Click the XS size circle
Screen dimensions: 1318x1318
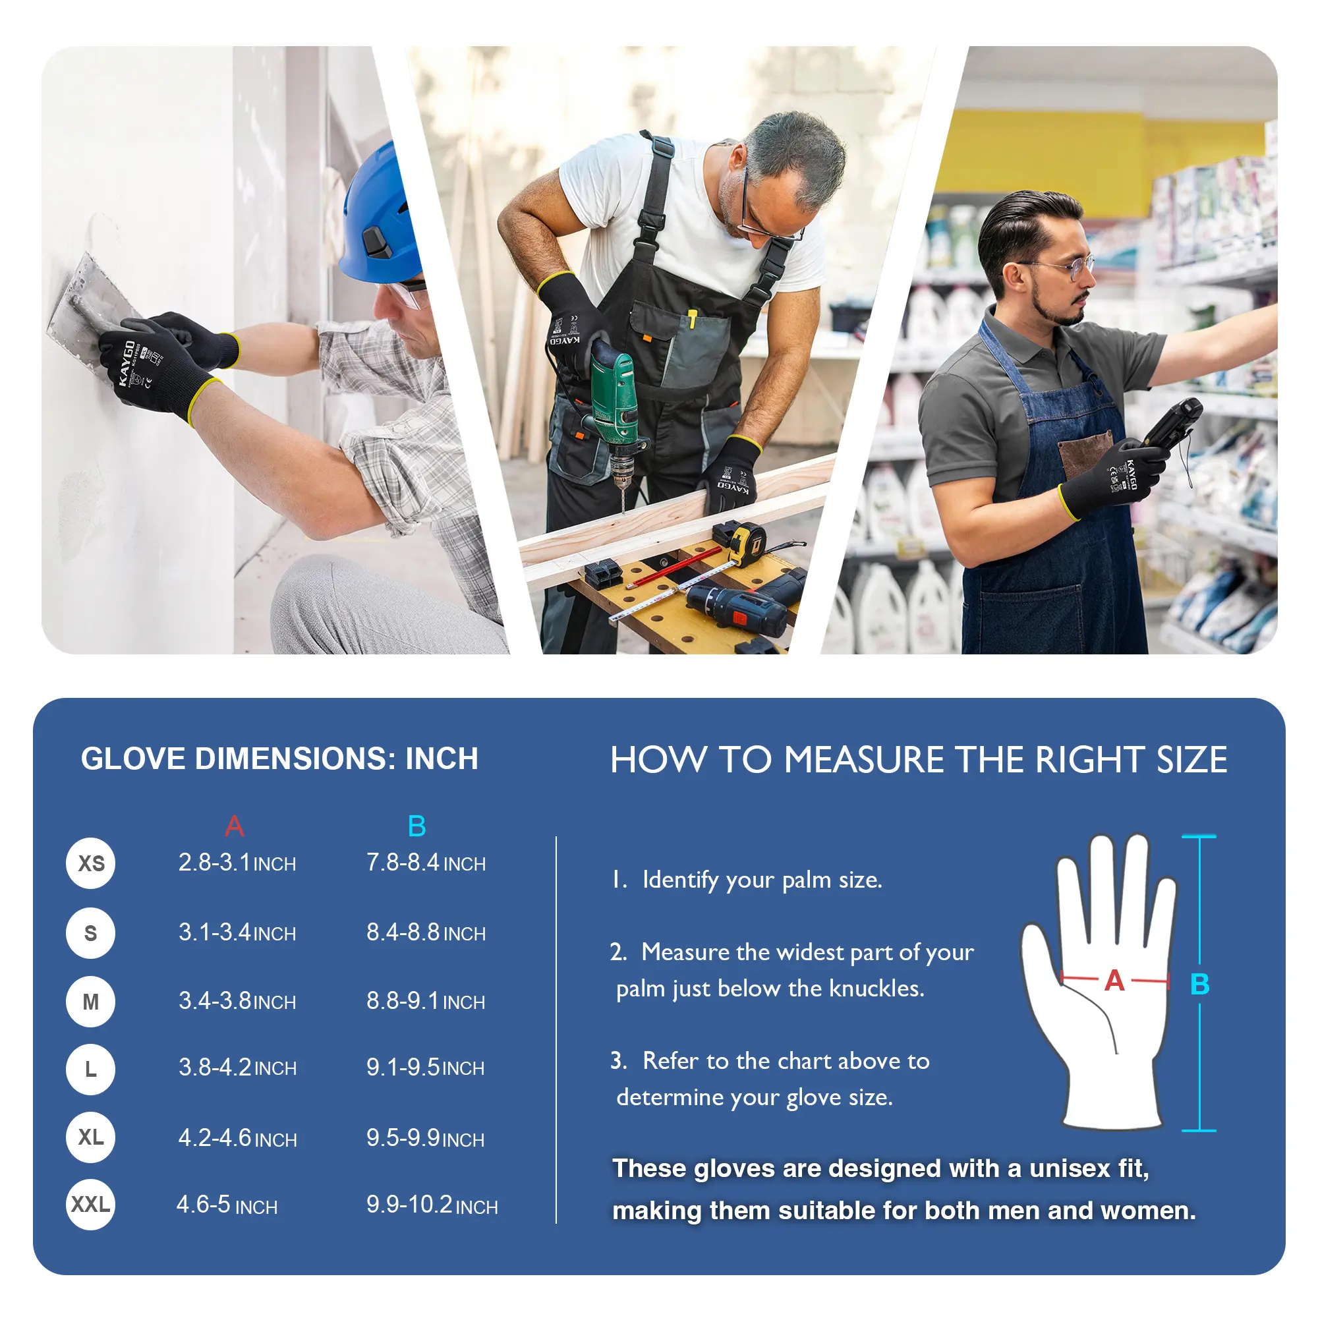click(91, 864)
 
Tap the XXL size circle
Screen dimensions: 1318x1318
click(91, 1205)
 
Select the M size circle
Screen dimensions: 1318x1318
click(91, 1002)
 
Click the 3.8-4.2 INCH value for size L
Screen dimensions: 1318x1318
click(237, 1068)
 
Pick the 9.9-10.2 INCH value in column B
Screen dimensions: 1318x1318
click(432, 1205)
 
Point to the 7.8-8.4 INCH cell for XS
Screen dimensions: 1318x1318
click(426, 863)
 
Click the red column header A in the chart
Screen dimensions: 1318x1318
click(234, 826)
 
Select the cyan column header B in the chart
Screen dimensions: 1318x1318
click(417, 826)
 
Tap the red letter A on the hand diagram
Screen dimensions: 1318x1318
click(1114, 981)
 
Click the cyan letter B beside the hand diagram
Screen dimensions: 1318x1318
click(1199, 984)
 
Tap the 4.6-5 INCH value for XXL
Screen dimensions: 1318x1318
click(227, 1205)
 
